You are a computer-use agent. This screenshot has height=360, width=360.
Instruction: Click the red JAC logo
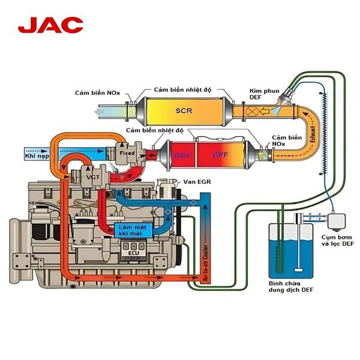50,25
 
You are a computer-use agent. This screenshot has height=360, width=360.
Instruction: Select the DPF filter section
220,154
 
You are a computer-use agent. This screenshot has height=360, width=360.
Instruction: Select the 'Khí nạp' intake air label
35,155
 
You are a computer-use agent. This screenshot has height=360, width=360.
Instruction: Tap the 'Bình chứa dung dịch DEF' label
292,286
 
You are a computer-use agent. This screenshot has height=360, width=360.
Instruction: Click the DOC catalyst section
183,154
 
